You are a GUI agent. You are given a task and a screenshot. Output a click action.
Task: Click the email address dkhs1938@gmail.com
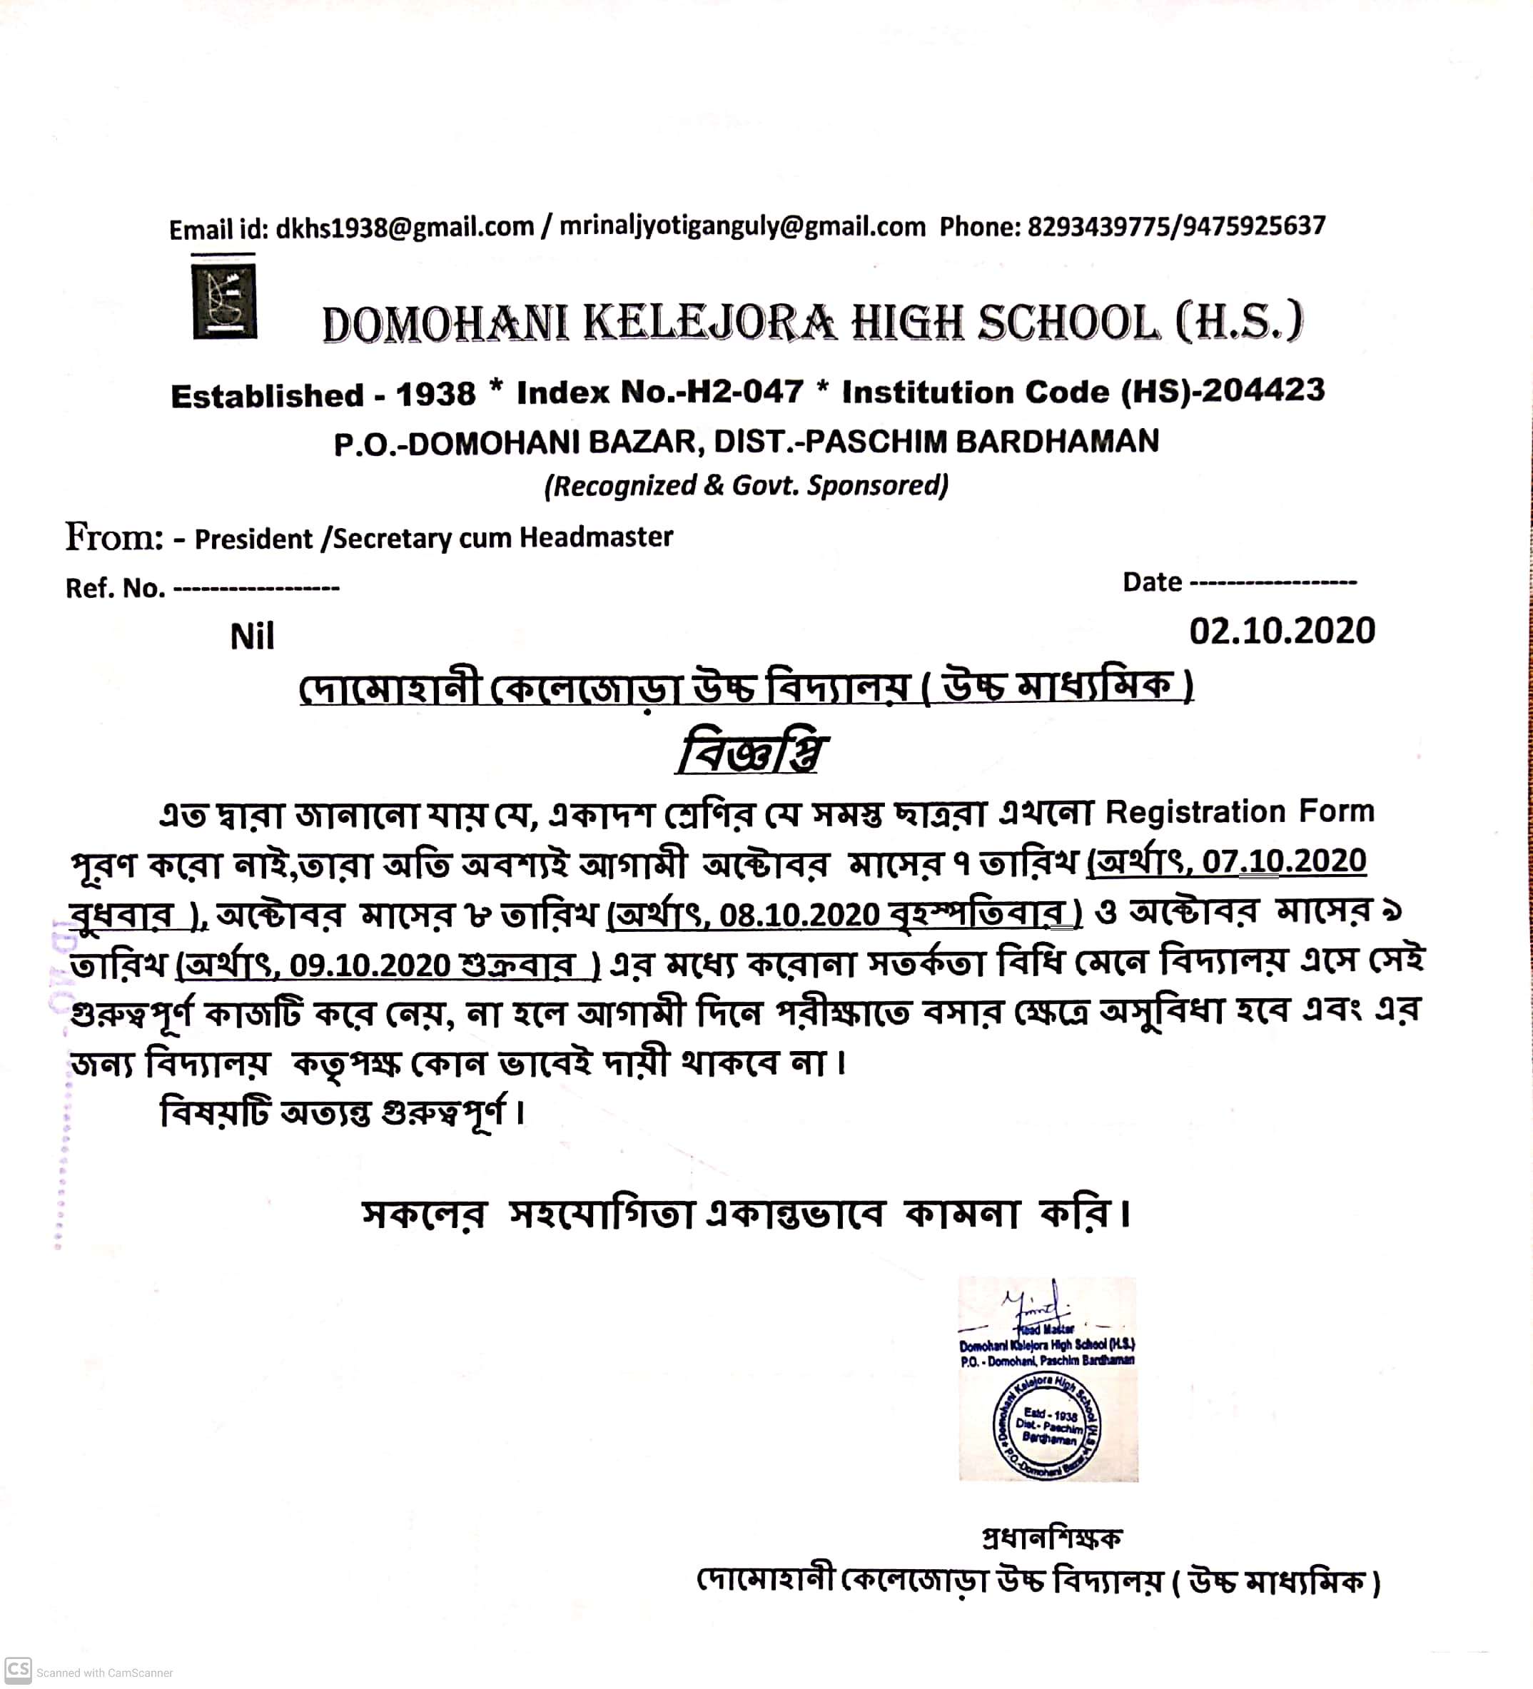pos(404,228)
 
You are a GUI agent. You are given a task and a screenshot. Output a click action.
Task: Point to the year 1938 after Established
pos(436,394)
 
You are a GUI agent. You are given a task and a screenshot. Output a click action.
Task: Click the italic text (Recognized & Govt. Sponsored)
pos(746,486)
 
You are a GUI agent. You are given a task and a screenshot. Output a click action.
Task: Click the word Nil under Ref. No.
pos(251,637)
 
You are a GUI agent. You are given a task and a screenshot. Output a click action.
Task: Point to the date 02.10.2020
pos(1282,631)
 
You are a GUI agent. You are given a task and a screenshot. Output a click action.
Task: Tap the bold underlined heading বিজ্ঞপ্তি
pos(751,754)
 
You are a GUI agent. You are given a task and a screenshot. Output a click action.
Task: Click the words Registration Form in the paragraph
pos(1240,812)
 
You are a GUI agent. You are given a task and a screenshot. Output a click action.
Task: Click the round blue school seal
pos(1047,1426)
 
